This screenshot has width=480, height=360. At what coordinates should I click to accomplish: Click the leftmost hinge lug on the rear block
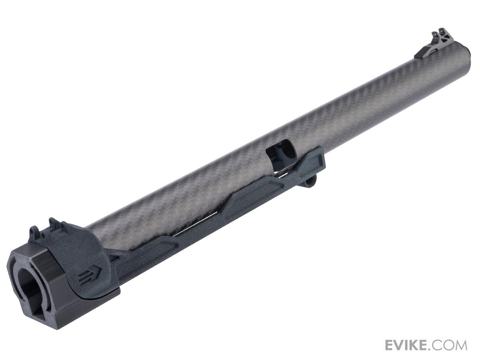(34, 231)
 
